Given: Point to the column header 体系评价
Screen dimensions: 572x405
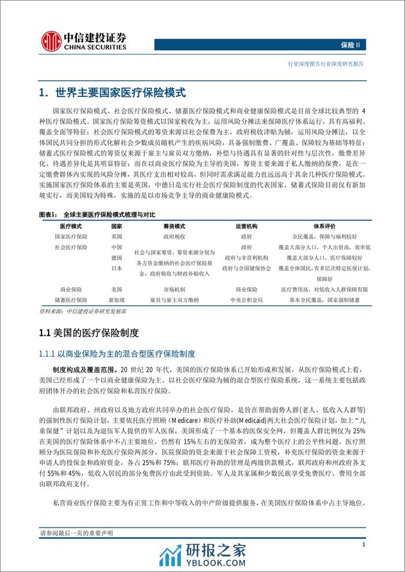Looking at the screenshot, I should coord(324,226).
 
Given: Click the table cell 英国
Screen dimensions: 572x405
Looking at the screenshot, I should coord(117,237).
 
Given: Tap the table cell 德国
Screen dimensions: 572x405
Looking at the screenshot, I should coord(117,257).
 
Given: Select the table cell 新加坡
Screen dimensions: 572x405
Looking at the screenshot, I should coord(117,300).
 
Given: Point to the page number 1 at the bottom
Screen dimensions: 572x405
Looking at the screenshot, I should coord(363,544).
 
